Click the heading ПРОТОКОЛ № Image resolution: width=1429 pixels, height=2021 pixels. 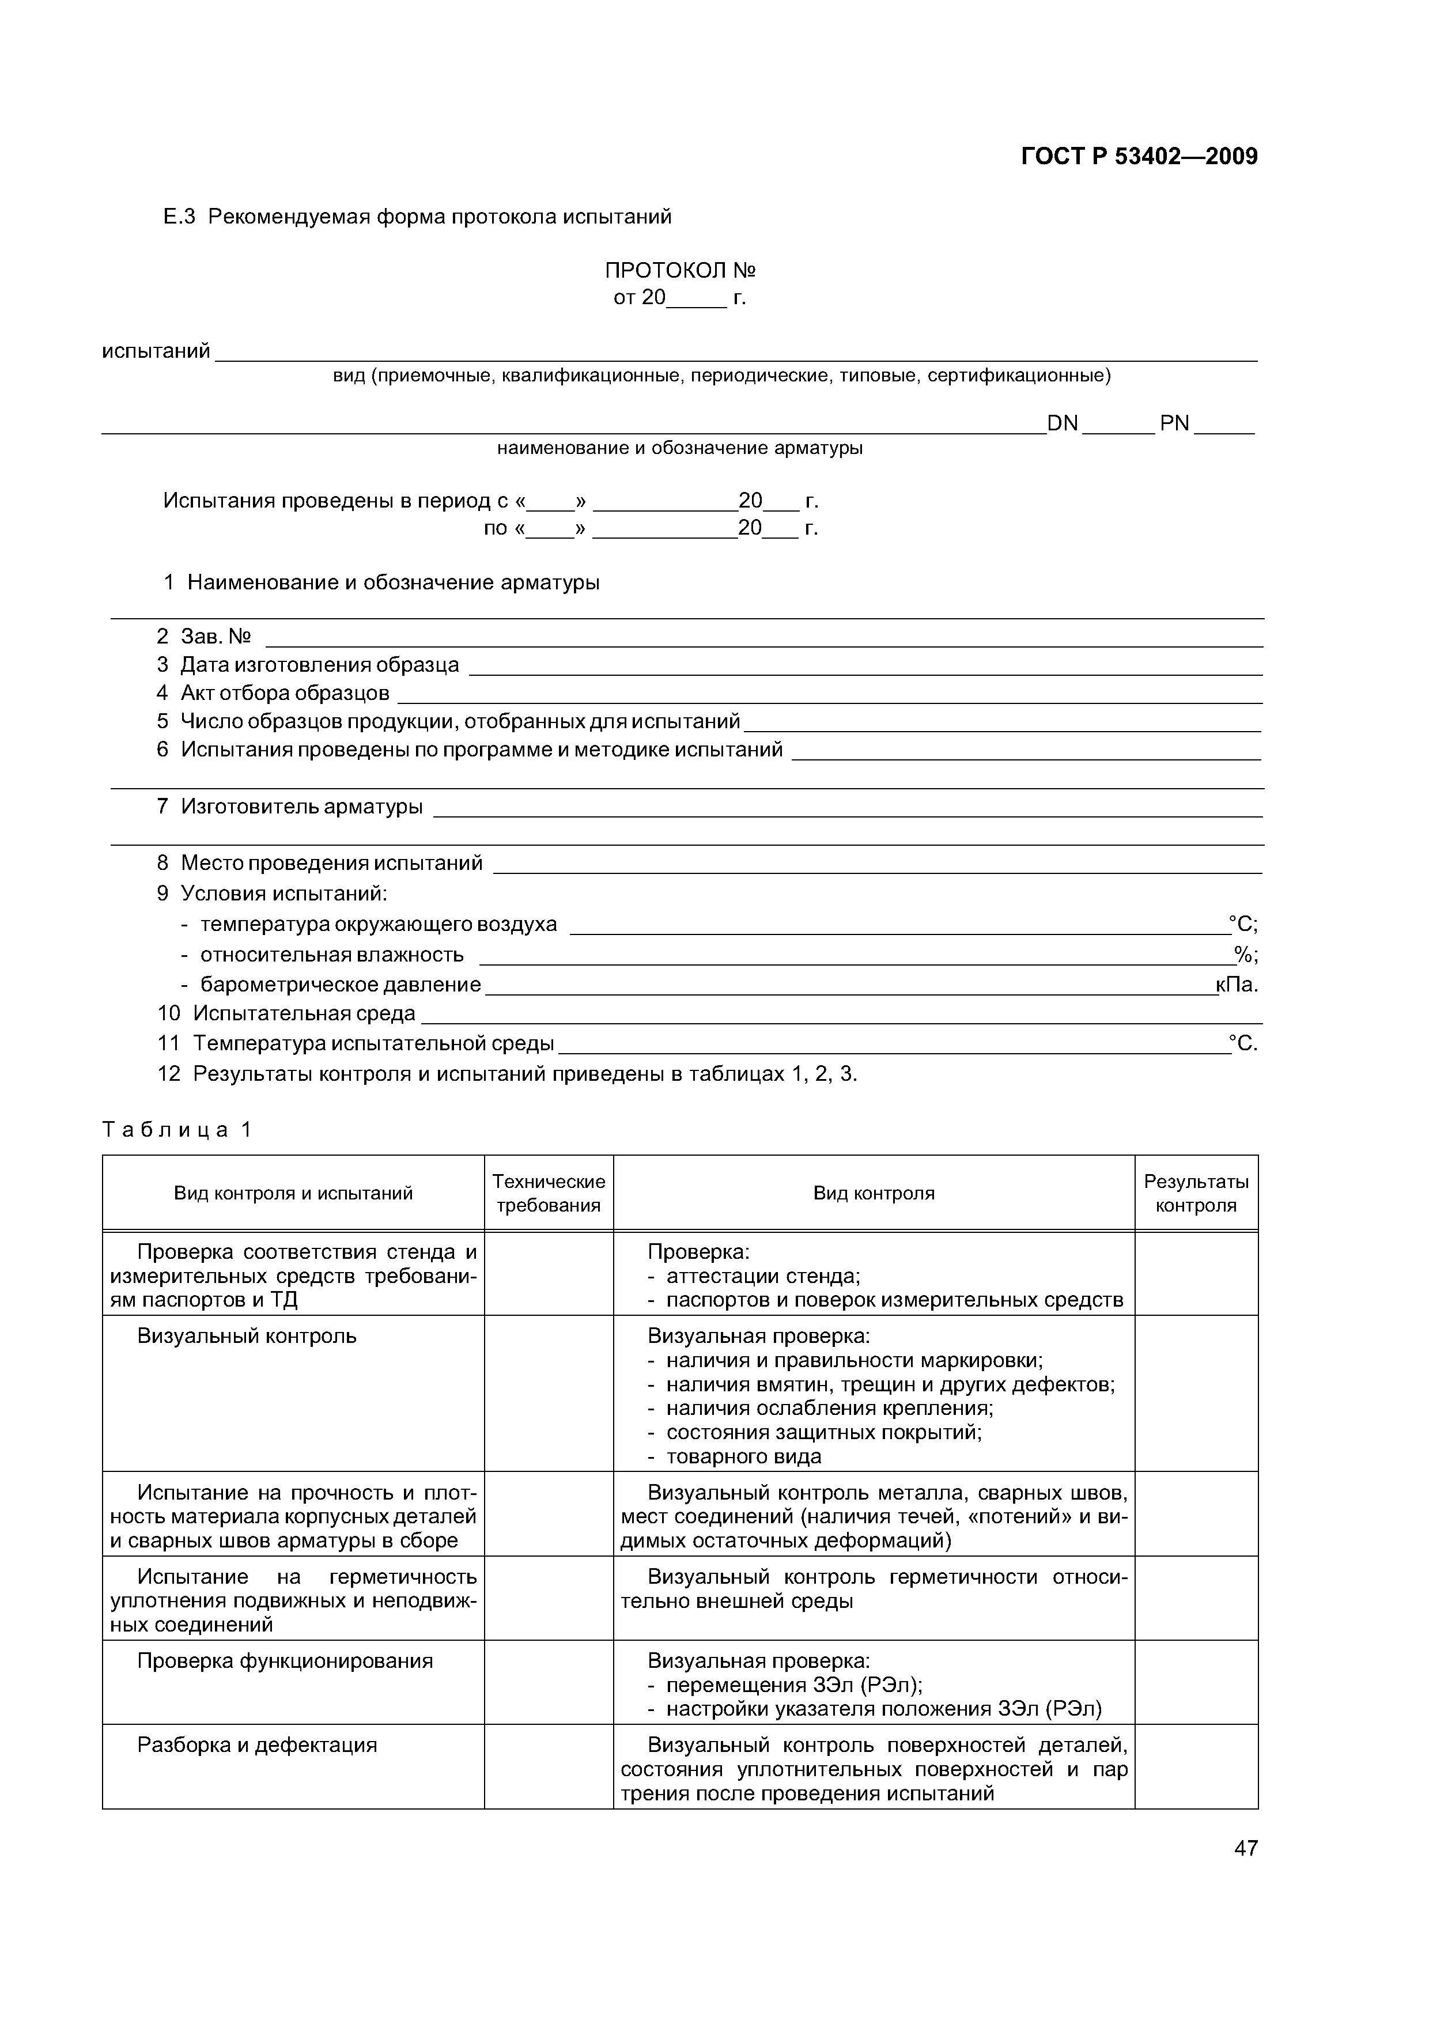click(680, 270)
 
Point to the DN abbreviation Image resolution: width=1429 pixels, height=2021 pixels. click(1062, 424)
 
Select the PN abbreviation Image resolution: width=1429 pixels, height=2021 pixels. click(1174, 424)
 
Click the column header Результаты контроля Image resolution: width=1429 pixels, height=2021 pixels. click(1195, 1194)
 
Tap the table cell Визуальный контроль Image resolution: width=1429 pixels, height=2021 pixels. click(247, 1336)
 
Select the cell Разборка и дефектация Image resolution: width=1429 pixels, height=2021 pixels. click(256, 1744)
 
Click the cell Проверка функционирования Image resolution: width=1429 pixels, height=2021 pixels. click(285, 1661)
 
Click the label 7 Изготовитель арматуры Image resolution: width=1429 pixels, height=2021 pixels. click(290, 807)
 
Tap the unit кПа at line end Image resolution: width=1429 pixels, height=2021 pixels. click(1236, 985)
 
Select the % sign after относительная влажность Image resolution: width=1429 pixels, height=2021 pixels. click(1244, 955)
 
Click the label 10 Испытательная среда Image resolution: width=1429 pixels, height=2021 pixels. click(287, 1014)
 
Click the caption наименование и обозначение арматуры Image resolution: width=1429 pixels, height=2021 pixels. click(680, 448)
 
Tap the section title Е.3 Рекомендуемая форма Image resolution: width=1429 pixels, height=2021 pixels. click(417, 217)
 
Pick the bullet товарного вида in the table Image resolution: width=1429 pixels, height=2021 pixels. click(743, 1457)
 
